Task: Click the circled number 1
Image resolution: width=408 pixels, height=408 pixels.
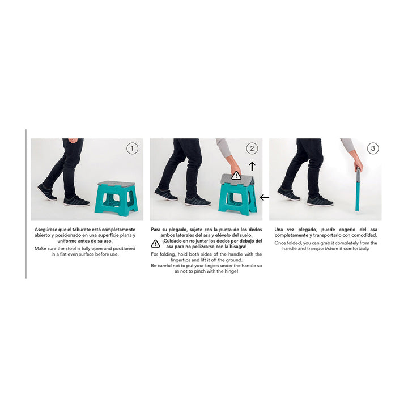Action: click(x=132, y=148)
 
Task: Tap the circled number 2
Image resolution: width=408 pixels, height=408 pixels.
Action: click(x=252, y=148)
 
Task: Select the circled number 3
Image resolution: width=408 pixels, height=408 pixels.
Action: click(x=373, y=148)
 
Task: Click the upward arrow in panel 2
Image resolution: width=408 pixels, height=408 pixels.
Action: click(x=252, y=166)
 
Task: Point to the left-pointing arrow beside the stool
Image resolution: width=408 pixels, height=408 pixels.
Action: click(x=265, y=197)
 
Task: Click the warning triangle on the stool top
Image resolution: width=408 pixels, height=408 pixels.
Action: click(x=236, y=175)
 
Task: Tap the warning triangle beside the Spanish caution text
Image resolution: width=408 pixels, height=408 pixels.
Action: click(x=155, y=244)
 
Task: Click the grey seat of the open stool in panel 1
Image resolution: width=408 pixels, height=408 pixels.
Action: click(x=116, y=184)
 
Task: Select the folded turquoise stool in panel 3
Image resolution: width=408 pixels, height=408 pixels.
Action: click(x=358, y=189)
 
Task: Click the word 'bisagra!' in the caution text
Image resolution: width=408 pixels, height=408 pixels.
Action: click(x=238, y=246)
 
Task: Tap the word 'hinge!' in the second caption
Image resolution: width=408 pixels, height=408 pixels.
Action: click(x=231, y=271)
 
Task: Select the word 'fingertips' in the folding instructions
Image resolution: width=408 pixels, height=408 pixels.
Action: click(x=181, y=260)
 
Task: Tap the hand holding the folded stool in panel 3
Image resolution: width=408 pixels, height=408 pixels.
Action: click(x=358, y=165)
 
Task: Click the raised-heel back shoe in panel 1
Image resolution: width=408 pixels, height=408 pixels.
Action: click(x=47, y=192)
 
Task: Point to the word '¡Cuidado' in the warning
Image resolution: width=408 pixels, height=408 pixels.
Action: click(x=172, y=241)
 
